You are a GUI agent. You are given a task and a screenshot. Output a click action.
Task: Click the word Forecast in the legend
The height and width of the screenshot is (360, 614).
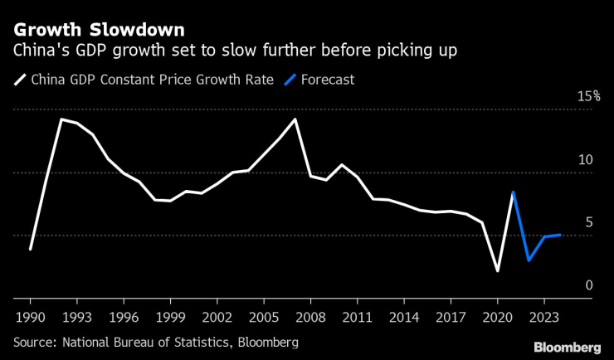[328, 80]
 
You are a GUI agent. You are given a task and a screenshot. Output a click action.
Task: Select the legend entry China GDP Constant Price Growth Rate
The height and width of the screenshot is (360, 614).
[152, 80]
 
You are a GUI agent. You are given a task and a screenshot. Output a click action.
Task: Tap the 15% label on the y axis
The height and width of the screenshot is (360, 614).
[589, 96]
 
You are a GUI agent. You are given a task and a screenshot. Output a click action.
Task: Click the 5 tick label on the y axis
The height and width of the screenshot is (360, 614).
[590, 222]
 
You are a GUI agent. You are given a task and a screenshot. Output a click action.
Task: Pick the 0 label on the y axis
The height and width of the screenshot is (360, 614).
[590, 285]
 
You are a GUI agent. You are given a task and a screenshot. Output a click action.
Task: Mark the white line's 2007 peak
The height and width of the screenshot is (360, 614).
[295, 119]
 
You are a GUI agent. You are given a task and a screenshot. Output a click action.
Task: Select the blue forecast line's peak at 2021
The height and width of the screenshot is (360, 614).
[514, 192]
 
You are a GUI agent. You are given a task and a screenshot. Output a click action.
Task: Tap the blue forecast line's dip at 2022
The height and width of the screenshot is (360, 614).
[529, 260]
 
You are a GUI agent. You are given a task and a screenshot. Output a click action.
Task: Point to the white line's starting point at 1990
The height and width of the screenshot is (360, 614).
[30, 249]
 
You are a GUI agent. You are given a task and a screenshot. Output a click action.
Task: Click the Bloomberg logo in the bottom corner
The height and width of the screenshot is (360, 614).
[567, 347]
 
